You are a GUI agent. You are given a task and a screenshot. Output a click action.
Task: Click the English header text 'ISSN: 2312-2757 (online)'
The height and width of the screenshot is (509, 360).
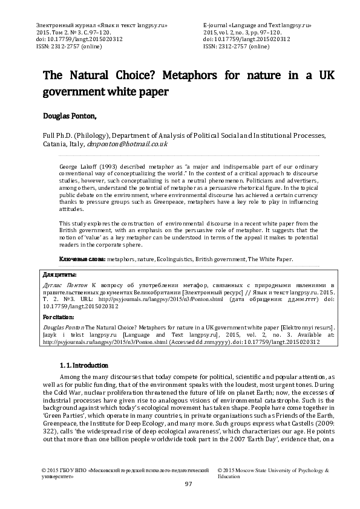coord(237,45)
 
